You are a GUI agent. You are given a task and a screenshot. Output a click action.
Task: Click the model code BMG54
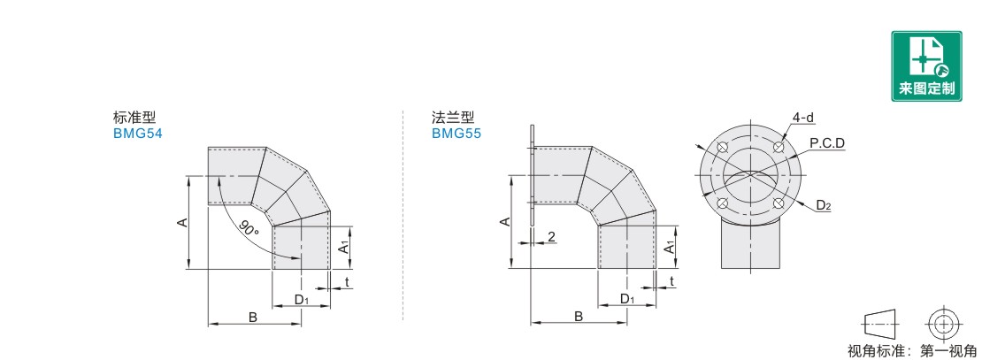(138, 134)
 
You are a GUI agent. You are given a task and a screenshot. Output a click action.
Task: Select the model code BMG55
(456, 134)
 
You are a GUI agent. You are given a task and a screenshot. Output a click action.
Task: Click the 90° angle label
(249, 228)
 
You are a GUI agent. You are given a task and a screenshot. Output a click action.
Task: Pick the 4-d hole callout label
(803, 118)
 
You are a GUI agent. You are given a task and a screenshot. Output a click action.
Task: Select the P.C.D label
(826, 143)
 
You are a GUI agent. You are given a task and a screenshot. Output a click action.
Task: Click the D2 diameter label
(824, 204)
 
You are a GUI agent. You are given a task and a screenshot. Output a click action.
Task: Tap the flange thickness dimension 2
(551, 236)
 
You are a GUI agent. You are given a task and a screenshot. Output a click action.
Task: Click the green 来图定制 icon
(926, 65)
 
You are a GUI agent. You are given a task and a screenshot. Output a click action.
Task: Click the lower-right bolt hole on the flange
(779, 203)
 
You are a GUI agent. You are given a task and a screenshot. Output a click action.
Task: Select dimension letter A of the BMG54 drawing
(181, 222)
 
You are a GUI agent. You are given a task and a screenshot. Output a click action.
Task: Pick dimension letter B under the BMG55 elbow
(579, 317)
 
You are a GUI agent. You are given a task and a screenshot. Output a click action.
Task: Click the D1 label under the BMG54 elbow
(302, 300)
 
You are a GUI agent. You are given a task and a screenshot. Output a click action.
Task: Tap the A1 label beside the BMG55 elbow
(670, 247)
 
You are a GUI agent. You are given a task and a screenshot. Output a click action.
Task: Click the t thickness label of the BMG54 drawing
(347, 282)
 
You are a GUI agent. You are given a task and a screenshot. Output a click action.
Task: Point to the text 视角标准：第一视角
(912, 351)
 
